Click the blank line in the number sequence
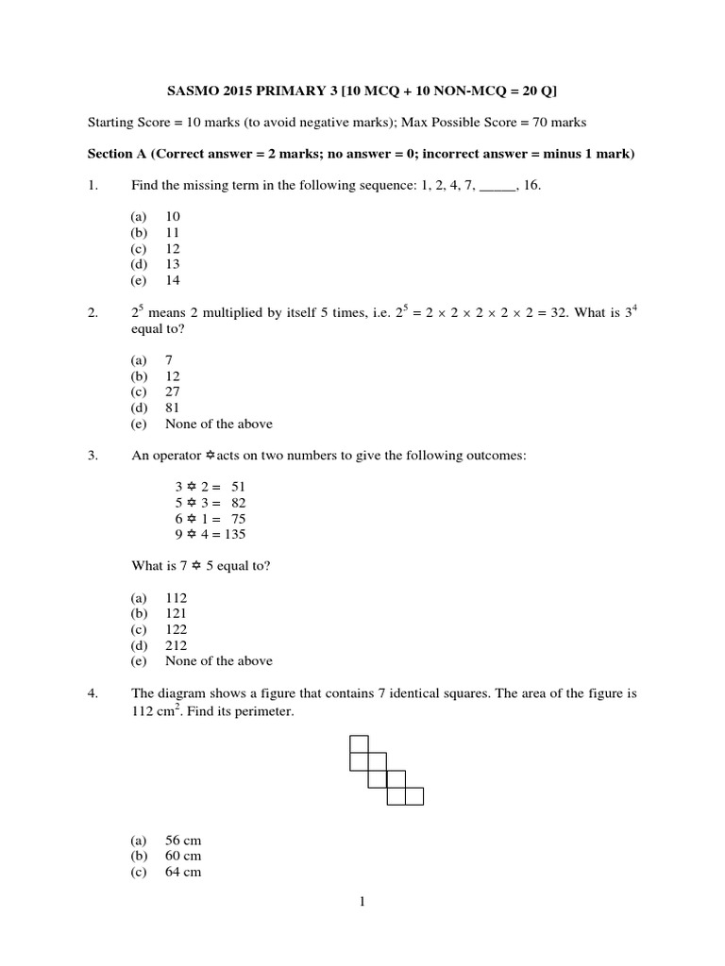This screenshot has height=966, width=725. [497, 187]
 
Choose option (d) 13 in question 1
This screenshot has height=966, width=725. [172, 264]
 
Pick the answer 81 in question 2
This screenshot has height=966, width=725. [172, 408]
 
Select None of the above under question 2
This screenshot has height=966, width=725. [218, 424]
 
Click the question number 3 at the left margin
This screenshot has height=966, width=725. [93, 456]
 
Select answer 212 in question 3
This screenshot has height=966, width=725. [176, 645]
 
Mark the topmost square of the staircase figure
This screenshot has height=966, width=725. [359, 743]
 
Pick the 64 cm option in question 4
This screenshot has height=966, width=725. [183, 872]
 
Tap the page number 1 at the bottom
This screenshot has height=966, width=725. [362, 902]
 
